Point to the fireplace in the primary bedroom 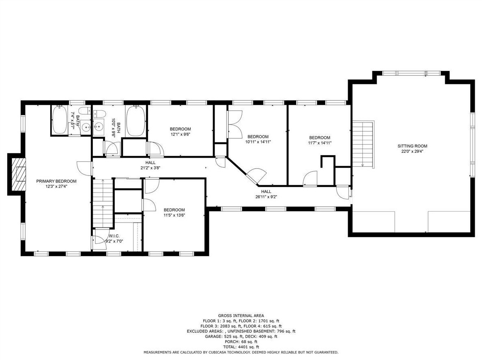pyautogui.click(x=17, y=174)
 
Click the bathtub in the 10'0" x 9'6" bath pyautogui.click(x=136, y=121)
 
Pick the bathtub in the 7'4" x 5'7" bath pyautogui.click(x=59, y=120)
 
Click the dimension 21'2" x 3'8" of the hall pyautogui.click(x=150, y=168)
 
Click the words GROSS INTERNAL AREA pyautogui.click(x=241, y=315)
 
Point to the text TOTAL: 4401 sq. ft pyautogui.click(x=241, y=347)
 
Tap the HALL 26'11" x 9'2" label pyautogui.click(x=266, y=194)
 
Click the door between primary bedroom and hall pyautogui.click(x=84, y=168)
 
